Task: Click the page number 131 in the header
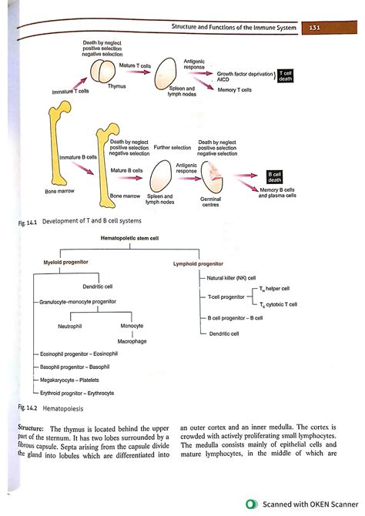(x=314, y=28)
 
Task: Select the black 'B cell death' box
(x=273, y=177)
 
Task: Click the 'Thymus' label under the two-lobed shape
(x=116, y=86)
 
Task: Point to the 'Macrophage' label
(x=132, y=340)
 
